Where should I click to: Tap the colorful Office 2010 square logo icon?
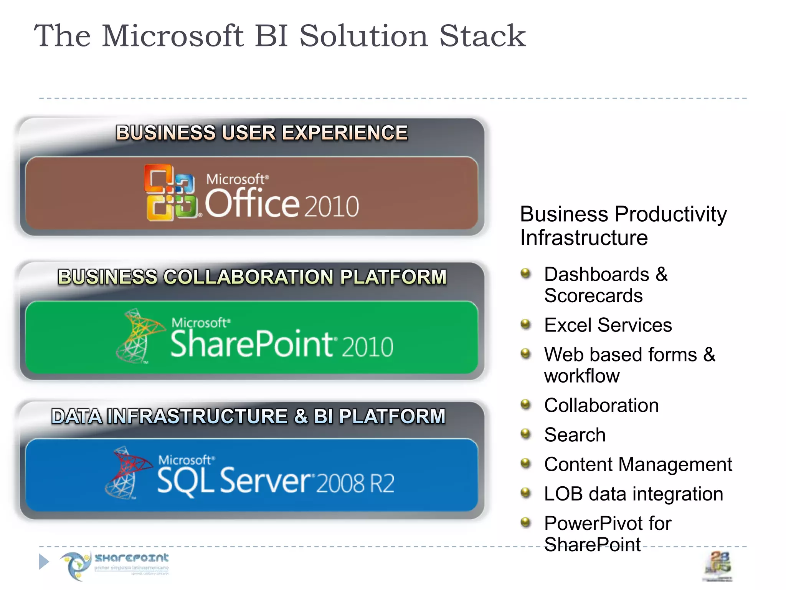pos(170,192)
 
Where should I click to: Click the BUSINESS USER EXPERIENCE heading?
pos(262,133)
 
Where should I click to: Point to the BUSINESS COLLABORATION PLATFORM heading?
pos(252,277)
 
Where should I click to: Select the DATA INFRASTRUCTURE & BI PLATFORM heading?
pos(248,416)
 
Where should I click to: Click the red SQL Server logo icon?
pos(127,472)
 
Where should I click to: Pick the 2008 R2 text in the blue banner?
pos(355,483)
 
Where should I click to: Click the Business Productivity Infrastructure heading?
pos(623,225)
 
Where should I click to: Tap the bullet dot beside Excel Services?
pos(526,325)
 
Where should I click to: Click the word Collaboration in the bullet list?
pos(601,405)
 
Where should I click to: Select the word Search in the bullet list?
pos(575,435)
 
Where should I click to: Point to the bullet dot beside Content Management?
pos(526,464)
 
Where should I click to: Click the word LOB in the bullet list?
pos(563,494)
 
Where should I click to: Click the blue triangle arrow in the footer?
pos(44,562)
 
